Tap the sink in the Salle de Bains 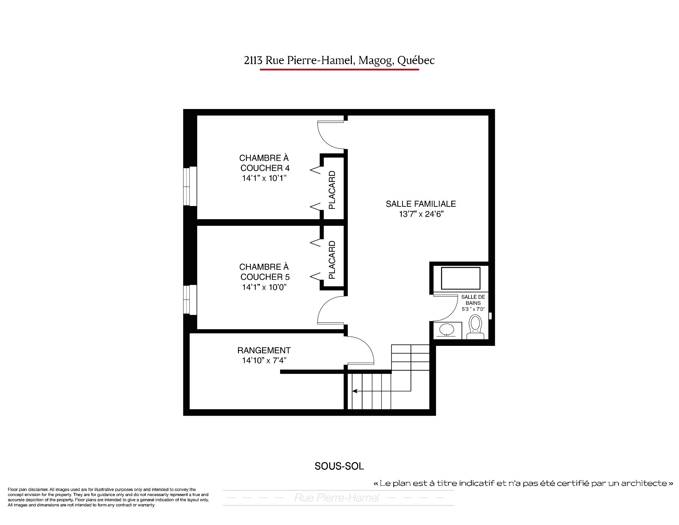(x=447, y=330)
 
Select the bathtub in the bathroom (x=461, y=278)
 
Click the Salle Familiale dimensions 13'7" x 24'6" (x=421, y=214)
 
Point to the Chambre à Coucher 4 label (x=264, y=163)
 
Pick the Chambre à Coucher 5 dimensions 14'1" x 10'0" (x=264, y=287)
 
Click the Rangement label (x=264, y=350)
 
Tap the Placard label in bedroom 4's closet (x=332, y=190)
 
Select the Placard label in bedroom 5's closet (x=332, y=260)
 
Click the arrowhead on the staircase (x=354, y=391)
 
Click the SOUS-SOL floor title (x=339, y=466)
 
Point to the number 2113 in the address (x=253, y=61)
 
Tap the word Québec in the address (x=416, y=61)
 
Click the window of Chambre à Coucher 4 (x=190, y=186)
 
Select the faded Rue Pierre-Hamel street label (x=337, y=498)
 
